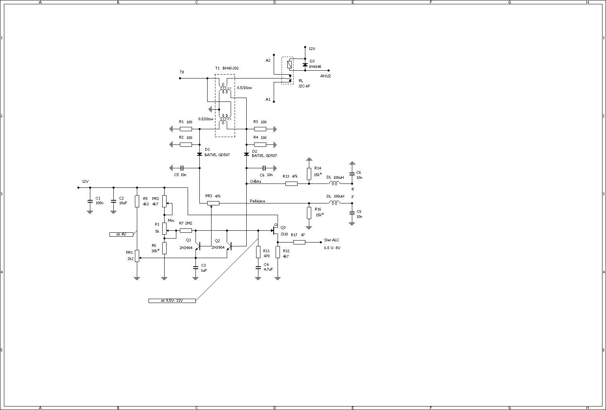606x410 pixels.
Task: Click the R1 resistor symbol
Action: (186, 129)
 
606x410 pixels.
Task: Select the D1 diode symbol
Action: (200, 154)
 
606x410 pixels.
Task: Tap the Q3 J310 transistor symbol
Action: (275, 230)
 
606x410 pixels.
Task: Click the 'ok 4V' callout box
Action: (121, 234)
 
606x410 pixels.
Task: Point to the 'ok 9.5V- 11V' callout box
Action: (172, 301)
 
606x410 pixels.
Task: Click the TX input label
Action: (182, 72)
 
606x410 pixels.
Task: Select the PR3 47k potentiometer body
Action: (213, 203)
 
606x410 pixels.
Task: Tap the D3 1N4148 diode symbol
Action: (305, 65)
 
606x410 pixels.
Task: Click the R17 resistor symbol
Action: (299, 242)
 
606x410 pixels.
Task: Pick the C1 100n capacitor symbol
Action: (90, 201)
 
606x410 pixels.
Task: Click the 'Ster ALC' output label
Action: (332, 240)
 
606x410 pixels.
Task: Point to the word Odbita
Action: (255, 181)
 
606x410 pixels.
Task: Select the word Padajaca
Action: (257, 201)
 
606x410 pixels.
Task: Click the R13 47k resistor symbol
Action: (291, 184)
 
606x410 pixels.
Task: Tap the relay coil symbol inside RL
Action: (289, 64)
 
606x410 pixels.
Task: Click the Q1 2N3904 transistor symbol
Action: (198, 246)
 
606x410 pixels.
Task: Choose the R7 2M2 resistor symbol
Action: (186, 230)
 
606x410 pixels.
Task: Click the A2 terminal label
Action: (268, 60)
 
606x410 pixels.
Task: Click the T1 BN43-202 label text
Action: (227, 68)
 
